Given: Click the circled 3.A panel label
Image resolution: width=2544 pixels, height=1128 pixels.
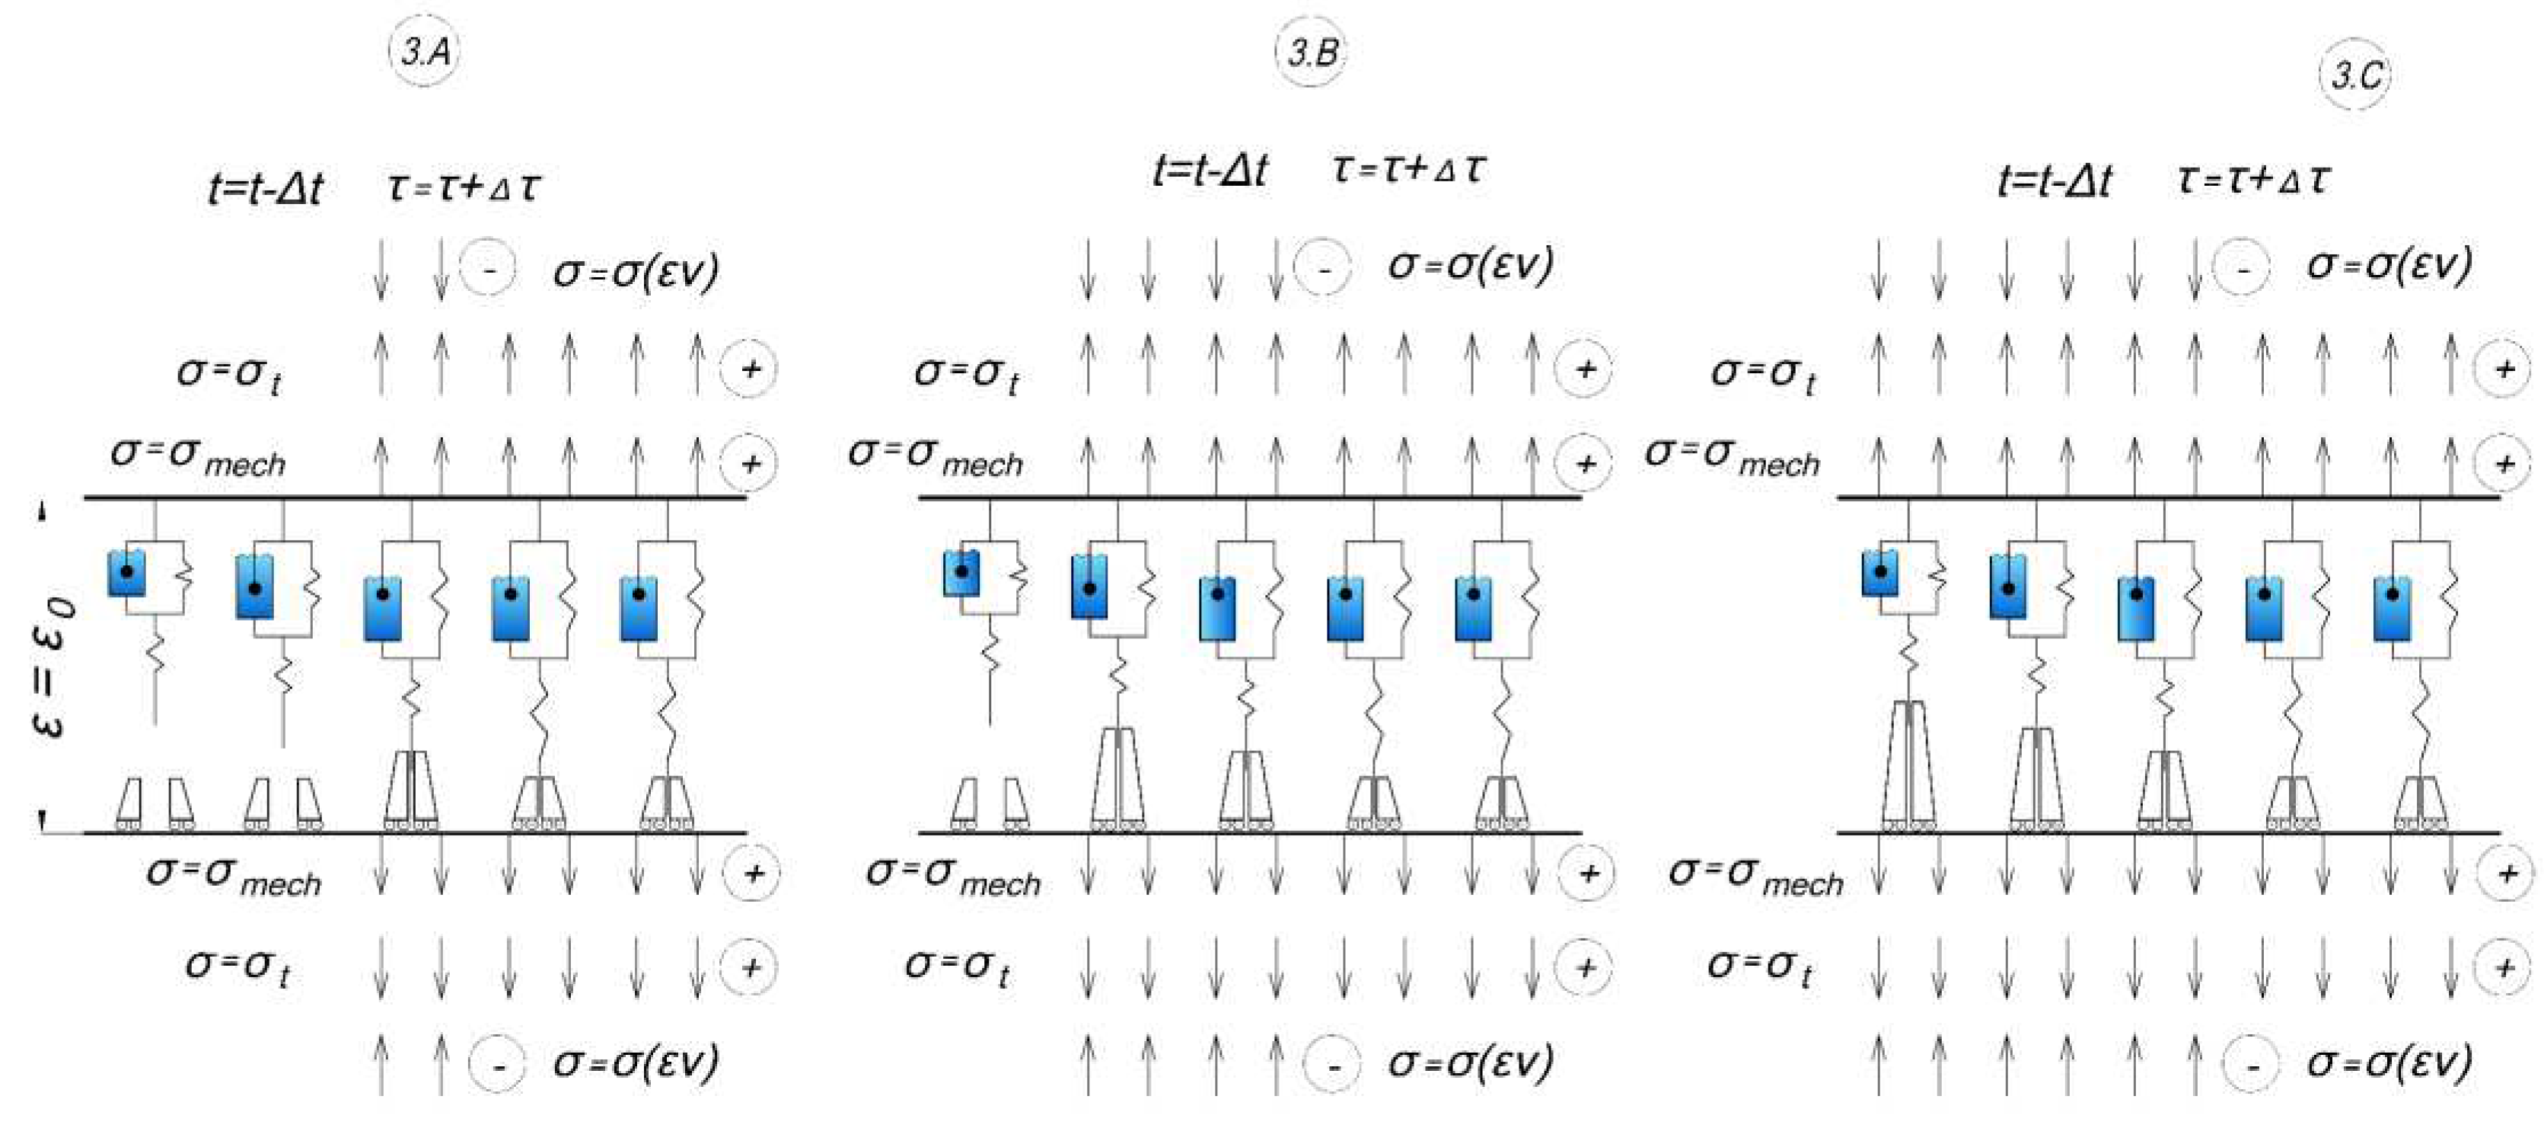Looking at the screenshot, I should pyautogui.click(x=425, y=50).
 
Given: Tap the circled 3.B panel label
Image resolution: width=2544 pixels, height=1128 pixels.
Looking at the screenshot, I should pyautogui.click(x=1312, y=50).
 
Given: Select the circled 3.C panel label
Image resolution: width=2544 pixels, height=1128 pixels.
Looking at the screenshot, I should pyautogui.click(x=2355, y=75).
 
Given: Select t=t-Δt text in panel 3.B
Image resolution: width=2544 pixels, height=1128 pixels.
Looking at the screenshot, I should pyautogui.click(x=1210, y=171).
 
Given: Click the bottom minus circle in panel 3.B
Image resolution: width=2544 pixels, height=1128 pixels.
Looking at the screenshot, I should pyautogui.click(x=1331, y=1065).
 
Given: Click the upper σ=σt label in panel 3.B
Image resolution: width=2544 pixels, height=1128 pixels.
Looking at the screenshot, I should pyautogui.click(x=966, y=372).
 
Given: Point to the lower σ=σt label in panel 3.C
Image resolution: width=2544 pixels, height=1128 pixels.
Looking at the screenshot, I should pyautogui.click(x=1760, y=967).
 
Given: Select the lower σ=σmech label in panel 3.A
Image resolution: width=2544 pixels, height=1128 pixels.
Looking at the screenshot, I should pyautogui.click(x=233, y=876).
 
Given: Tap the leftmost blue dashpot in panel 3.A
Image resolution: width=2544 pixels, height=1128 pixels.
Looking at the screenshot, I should pyautogui.click(x=126, y=573).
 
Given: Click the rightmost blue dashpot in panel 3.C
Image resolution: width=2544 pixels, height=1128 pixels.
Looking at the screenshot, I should pyautogui.click(x=2392, y=609).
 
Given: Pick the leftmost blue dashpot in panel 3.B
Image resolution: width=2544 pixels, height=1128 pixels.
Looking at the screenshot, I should pyautogui.click(x=961, y=573).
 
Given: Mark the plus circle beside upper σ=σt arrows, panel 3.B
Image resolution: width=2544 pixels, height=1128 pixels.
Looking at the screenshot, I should pyautogui.click(x=1585, y=369).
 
